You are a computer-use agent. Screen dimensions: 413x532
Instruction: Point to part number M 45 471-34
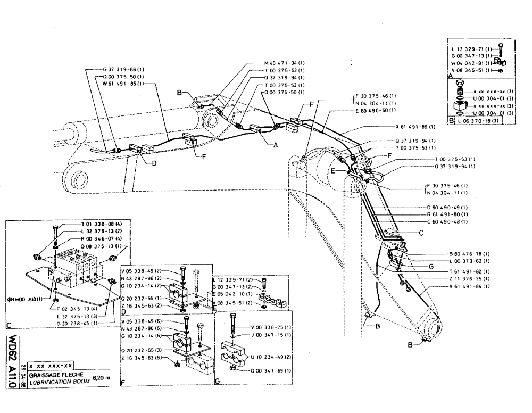click(285, 63)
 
